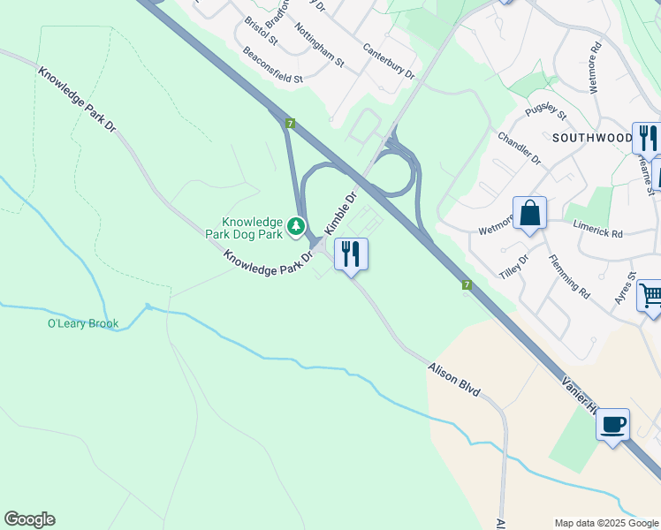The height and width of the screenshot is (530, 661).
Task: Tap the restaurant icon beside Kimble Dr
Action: click(x=351, y=254)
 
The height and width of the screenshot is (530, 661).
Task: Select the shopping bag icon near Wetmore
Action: click(x=529, y=213)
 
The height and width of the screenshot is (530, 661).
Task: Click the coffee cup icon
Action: click(x=612, y=425)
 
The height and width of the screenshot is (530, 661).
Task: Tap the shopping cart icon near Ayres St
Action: click(x=650, y=294)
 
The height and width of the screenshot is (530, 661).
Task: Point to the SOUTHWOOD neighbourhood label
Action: click(x=592, y=139)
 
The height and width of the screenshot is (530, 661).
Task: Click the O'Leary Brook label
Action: click(x=83, y=323)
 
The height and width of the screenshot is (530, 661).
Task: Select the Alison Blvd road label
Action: click(x=453, y=378)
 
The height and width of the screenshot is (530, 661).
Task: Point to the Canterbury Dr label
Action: click(x=388, y=60)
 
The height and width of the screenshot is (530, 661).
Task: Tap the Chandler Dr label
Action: click(x=519, y=148)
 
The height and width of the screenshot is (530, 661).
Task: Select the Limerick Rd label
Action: click(x=598, y=229)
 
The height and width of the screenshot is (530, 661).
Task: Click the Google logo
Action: click(x=29, y=519)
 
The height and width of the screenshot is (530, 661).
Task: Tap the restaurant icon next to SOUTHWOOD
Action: click(x=647, y=138)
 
